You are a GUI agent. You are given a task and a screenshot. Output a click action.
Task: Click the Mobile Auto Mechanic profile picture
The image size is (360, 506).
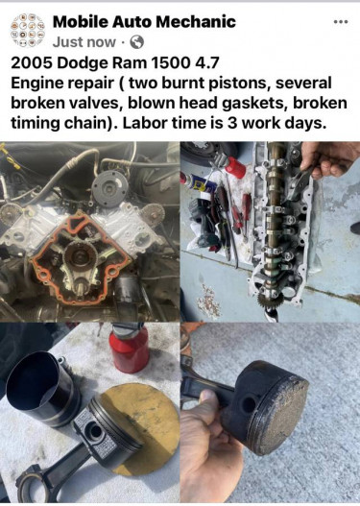(28, 31)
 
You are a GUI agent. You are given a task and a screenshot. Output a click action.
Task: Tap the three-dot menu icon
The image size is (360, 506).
(341, 22)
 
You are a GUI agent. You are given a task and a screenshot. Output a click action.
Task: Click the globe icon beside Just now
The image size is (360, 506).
(136, 42)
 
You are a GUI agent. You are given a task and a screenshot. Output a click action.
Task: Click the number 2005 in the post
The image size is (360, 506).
(32, 62)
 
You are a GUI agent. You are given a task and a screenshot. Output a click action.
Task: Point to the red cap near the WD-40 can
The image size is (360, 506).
(235, 167)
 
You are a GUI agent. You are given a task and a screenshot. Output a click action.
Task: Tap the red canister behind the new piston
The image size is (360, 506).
(129, 349)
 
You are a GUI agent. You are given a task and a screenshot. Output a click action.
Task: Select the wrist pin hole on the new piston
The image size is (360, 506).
(95, 431)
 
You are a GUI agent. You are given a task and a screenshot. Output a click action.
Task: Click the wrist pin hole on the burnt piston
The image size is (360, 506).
(249, 403)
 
